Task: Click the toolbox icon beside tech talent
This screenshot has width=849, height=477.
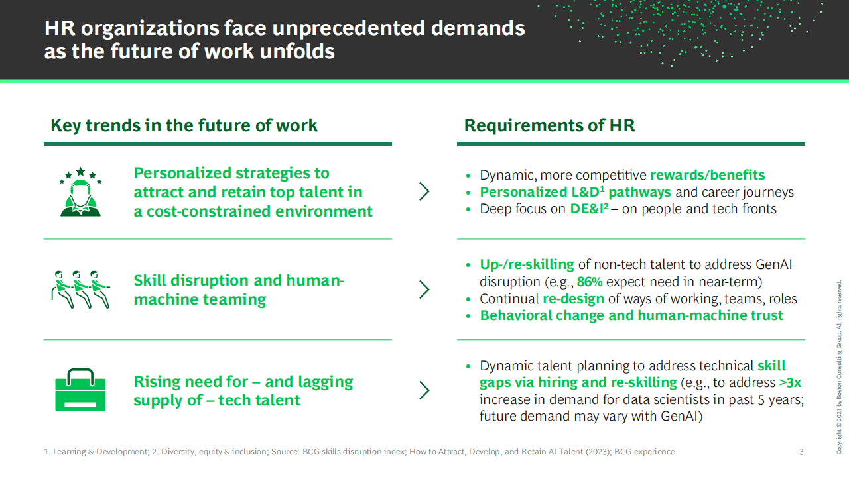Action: click(x=80, y=390)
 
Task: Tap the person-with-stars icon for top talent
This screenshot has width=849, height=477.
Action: click(x=80, y=191)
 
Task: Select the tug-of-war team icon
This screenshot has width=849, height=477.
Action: click(x=80, y=290)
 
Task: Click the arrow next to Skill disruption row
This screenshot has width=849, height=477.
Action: click(x=424, y=290)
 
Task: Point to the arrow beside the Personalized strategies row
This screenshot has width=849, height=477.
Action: click(x=424, y=191)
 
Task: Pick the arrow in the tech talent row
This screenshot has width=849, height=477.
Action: click(x=424, y=390)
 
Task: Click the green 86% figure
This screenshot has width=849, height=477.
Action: click(x=590, y=282)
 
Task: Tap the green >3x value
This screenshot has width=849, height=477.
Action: click(x=790, y=382)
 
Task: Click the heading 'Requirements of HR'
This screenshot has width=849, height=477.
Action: click(x=550, y=125)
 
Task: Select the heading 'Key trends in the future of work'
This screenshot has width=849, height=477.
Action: click(x=184, y=125)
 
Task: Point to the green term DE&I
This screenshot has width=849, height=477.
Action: click(x=589, y=209)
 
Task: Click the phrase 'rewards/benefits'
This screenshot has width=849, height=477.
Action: click(x=708, y=175)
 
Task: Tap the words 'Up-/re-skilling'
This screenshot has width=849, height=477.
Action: click(x=527, y=264)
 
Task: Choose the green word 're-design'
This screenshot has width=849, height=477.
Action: click(x=574, y=299)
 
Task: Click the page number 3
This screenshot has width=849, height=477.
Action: click(x=801, y=452)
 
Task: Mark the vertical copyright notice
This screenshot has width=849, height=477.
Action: click(x=839, y=367)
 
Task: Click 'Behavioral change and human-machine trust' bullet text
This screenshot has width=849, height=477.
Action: click(x=631, y=315)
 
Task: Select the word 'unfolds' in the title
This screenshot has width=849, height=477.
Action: click(x=297, y=52)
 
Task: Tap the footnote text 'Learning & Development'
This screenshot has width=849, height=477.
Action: click(x=100, y=452)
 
